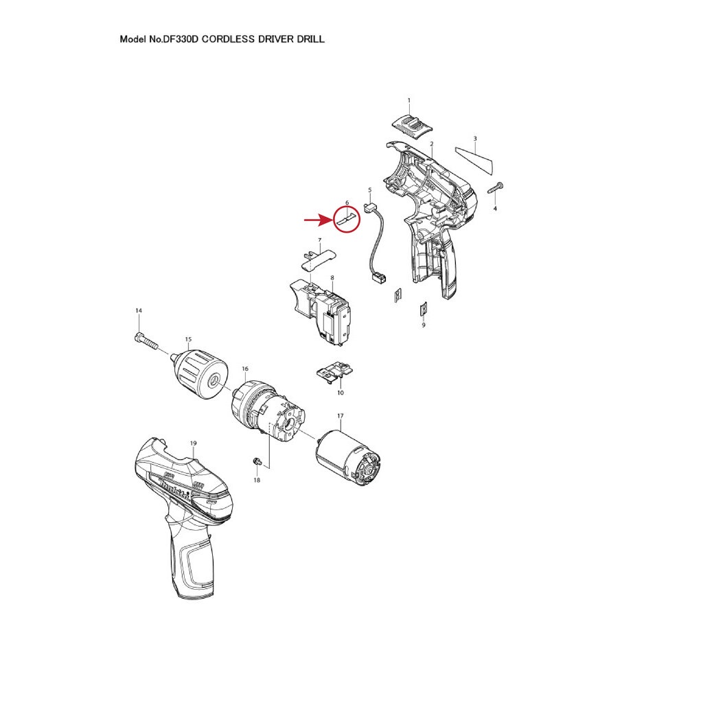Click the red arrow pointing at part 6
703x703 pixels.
click(x=319, y=220)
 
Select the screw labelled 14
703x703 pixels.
click(x=146, y=341)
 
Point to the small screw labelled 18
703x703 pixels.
click(x=257, y=461)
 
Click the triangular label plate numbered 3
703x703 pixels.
click(x=474, y=159)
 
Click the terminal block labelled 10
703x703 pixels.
click(x=335, y=371)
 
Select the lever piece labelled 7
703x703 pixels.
click(x=317, y=259)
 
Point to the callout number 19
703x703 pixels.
click(x=193, y=443)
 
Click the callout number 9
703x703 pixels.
click(x=424, y=325)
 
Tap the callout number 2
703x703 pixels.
click(x=431, y=144)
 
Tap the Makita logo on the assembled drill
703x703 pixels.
click(x=176, y=489)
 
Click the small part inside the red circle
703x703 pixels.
click(x=347, y=219)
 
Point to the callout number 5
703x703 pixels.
click(x=370, y=190)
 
